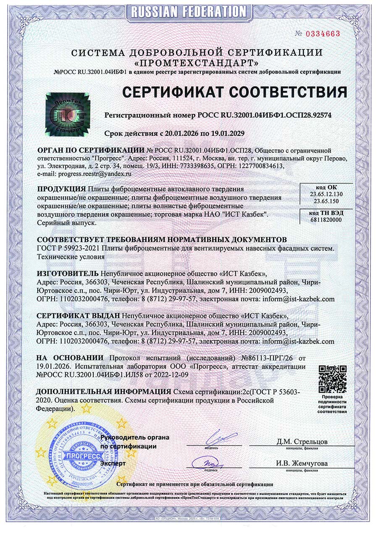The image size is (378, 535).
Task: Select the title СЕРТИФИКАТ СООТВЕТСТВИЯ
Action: pyautogui.click(x=234, y=92)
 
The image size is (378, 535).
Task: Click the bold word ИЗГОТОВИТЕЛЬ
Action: pyautogui.click(x=67, y=273)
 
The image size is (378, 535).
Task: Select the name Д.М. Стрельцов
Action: pyautogui.click(x=302, y=442)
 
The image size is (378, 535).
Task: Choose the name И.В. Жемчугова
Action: pyautogui.click(x=302, y=464)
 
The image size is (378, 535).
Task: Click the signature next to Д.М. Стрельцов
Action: pyautogui.click(x=219, y=437)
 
